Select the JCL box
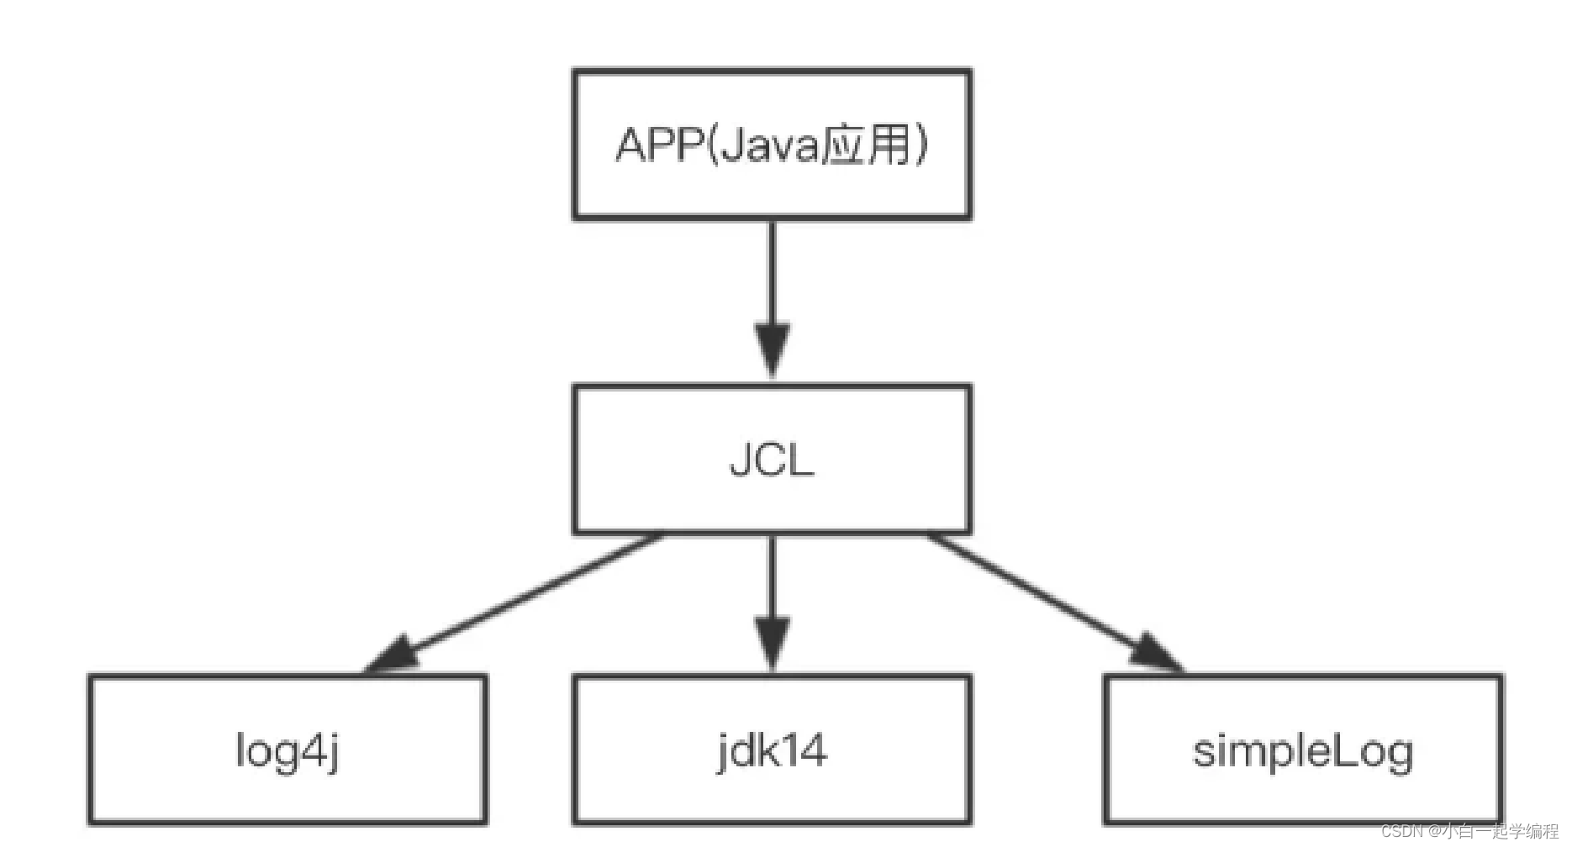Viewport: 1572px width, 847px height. [772, 504]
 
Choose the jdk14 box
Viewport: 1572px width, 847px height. [772, 794]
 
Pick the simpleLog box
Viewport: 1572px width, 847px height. [1303, 794]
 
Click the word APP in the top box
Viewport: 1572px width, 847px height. [657, 145]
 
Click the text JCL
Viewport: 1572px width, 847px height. [772, 460]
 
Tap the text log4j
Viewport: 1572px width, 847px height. [287, 750]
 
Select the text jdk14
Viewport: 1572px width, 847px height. [772, 750]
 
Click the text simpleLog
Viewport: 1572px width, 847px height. [1303, 750]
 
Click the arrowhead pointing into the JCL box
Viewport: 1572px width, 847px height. [772, 349]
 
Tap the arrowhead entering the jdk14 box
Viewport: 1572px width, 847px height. [772, 643]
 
